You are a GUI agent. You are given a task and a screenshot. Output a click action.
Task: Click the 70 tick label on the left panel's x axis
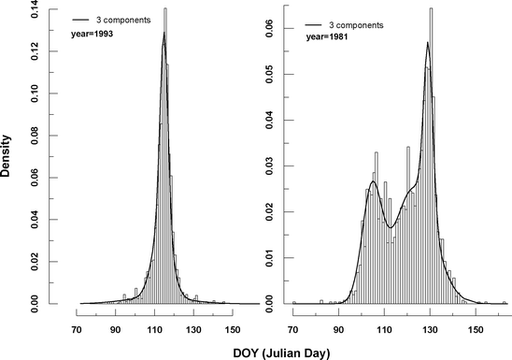click(75, 328)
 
